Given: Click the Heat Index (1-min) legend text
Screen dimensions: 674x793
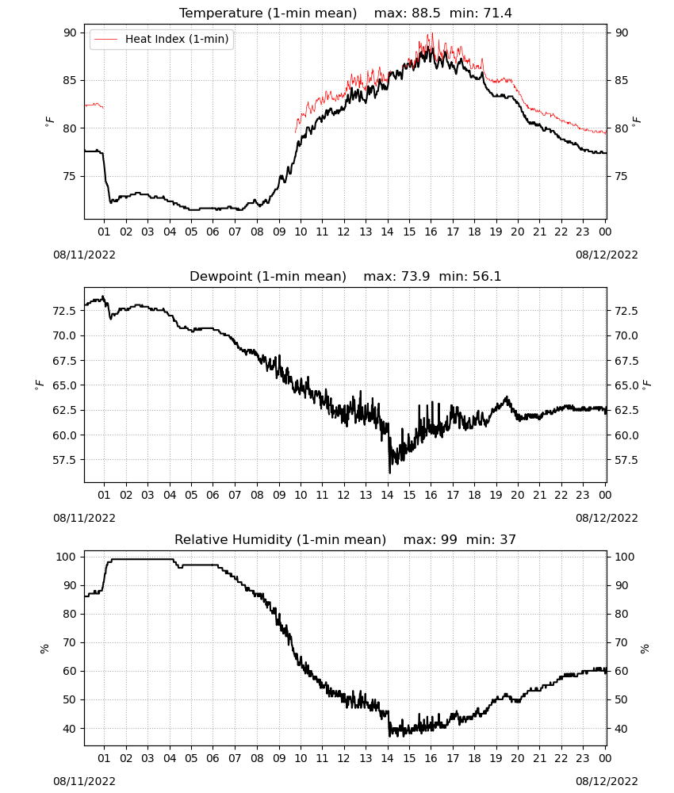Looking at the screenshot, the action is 177,39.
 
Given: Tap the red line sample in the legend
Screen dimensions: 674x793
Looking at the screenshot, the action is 106,39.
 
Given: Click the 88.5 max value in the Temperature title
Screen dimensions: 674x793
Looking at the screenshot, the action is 426,13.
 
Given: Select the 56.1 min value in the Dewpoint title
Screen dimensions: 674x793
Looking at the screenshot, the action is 486,276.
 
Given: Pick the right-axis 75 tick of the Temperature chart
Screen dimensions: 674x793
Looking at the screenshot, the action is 621,177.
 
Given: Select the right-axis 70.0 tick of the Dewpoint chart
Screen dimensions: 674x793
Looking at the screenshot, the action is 626,335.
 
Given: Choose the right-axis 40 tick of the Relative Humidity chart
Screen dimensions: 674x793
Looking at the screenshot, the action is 621,729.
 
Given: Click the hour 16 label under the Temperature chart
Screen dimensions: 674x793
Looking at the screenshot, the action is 431,232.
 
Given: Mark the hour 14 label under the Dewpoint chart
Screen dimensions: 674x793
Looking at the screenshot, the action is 387,495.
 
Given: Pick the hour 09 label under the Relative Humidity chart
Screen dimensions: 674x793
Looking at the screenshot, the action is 279,758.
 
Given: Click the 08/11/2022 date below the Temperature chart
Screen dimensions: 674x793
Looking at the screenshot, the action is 84,255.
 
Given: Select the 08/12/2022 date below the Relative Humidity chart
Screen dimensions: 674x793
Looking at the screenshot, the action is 607,781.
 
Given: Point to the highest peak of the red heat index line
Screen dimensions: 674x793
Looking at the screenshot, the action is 432,33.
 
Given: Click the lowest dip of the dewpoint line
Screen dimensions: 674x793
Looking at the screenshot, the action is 390,473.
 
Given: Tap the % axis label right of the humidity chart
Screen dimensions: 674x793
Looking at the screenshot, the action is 645,649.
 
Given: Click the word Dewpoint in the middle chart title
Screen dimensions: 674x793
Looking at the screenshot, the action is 220,277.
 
